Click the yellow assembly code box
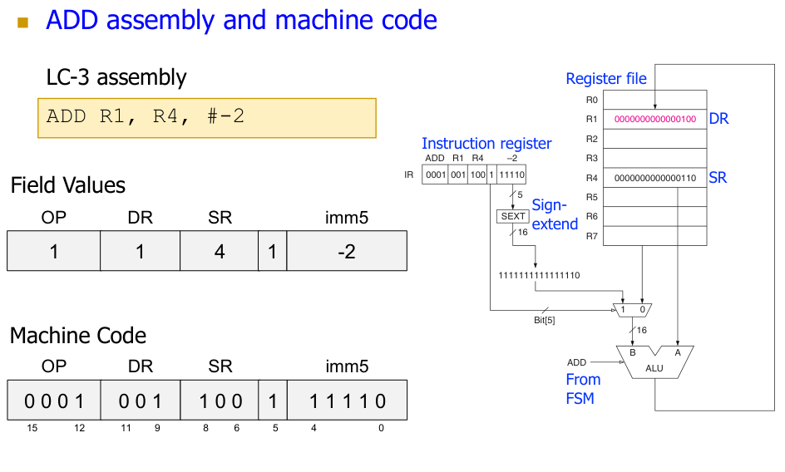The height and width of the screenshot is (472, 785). [x=207, y=117]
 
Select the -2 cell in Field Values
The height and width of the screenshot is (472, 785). [x=347, y=251]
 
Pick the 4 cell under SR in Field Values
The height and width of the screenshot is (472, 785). [x=220, y=251]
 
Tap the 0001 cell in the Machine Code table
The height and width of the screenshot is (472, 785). [x=54, y=401]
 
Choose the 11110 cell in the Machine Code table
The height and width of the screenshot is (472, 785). [x=347, y=401]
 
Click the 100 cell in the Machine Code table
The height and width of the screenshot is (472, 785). [x=220, y=401]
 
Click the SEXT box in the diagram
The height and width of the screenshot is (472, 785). [x=513, y=216]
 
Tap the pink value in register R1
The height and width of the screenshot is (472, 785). [x=654, y=119]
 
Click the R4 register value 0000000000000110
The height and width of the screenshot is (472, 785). [x=654, y=178]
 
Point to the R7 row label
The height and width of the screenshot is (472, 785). [x=592, y=236]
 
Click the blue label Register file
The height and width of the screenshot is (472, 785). [x=605, y=79]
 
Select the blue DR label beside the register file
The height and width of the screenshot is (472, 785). [x=718, y=119]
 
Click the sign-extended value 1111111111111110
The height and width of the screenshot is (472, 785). [x=538, y=275]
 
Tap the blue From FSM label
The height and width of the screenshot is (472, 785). [x=583, y=389]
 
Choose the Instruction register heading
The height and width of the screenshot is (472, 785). [x=486, y=144]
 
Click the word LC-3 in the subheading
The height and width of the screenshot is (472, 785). [x=69, y=78]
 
